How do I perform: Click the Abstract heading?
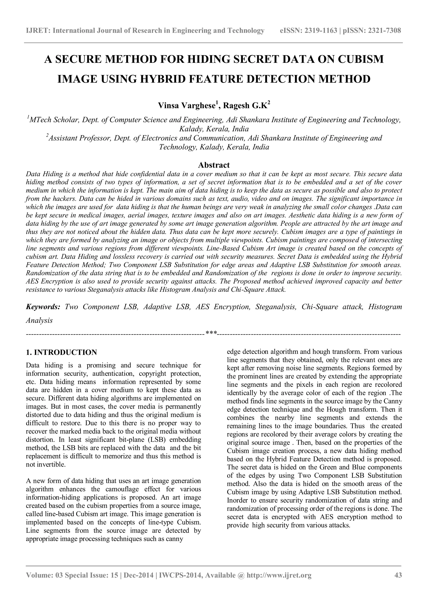214,165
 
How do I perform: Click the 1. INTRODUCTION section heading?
61,352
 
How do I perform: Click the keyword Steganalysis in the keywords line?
276,307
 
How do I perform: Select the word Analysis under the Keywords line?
39,321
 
